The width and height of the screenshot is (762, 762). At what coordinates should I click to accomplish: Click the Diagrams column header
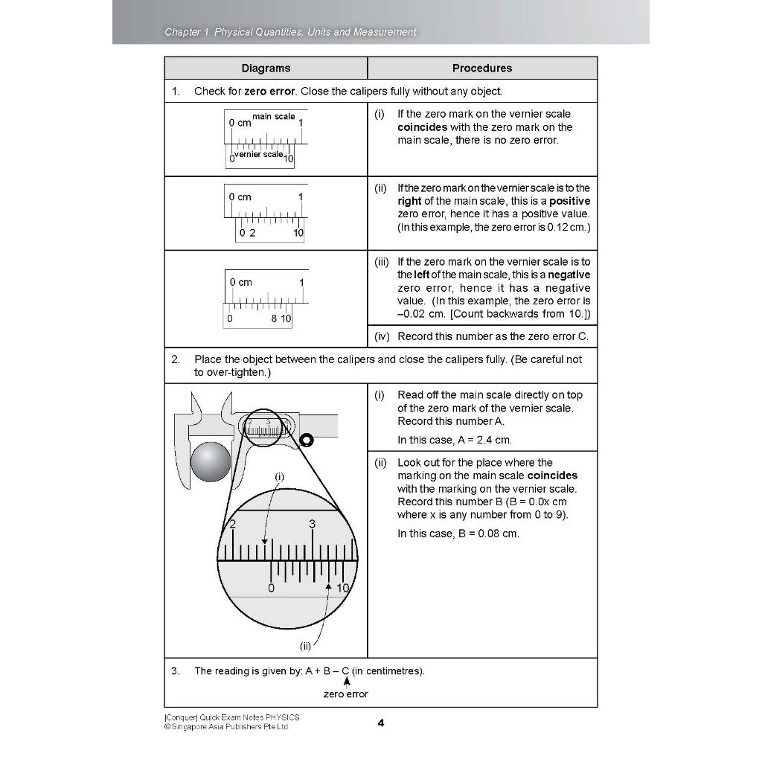point(266,68)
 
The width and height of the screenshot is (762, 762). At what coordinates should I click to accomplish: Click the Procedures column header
point(482,68)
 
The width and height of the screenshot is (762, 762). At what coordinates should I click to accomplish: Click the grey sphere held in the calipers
point(211,463)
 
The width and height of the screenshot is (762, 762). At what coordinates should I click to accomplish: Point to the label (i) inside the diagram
point(280,476)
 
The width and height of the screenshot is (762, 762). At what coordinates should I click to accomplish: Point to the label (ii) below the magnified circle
point(305,645)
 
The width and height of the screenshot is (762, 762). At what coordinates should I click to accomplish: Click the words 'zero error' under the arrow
point(345,694)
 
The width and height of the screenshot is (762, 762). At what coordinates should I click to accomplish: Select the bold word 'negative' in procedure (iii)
point(569,275)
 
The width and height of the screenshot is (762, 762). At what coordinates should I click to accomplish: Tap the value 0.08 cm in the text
point(498,534)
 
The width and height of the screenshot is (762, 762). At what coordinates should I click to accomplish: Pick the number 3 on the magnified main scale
point(313,524)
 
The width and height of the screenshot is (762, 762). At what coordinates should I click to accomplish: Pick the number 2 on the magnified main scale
point(233,524)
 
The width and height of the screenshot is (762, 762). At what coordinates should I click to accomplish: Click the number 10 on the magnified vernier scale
point(342,589)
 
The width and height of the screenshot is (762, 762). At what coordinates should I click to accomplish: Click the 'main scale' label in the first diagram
point(273,117)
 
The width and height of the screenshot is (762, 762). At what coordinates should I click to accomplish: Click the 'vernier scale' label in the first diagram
point(258,155)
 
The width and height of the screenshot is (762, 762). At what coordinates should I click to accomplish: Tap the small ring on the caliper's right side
point(304,441)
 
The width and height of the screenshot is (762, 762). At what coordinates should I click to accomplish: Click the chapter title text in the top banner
point(290,32)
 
